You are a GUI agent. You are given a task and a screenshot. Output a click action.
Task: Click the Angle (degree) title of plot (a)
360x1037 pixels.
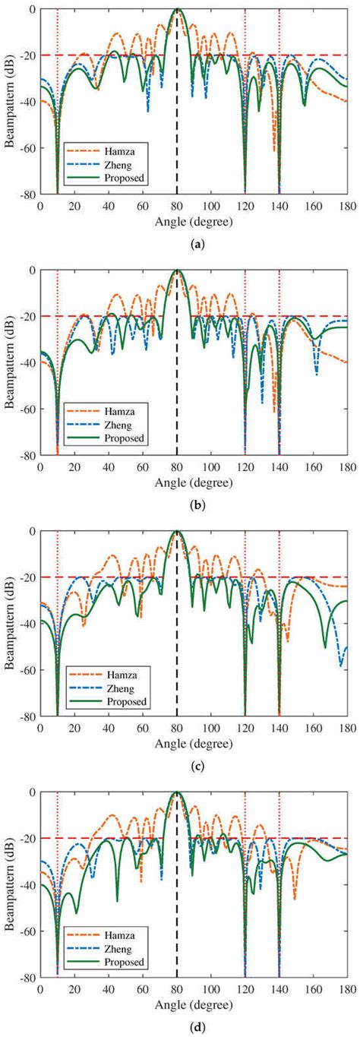tap(194, 221)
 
